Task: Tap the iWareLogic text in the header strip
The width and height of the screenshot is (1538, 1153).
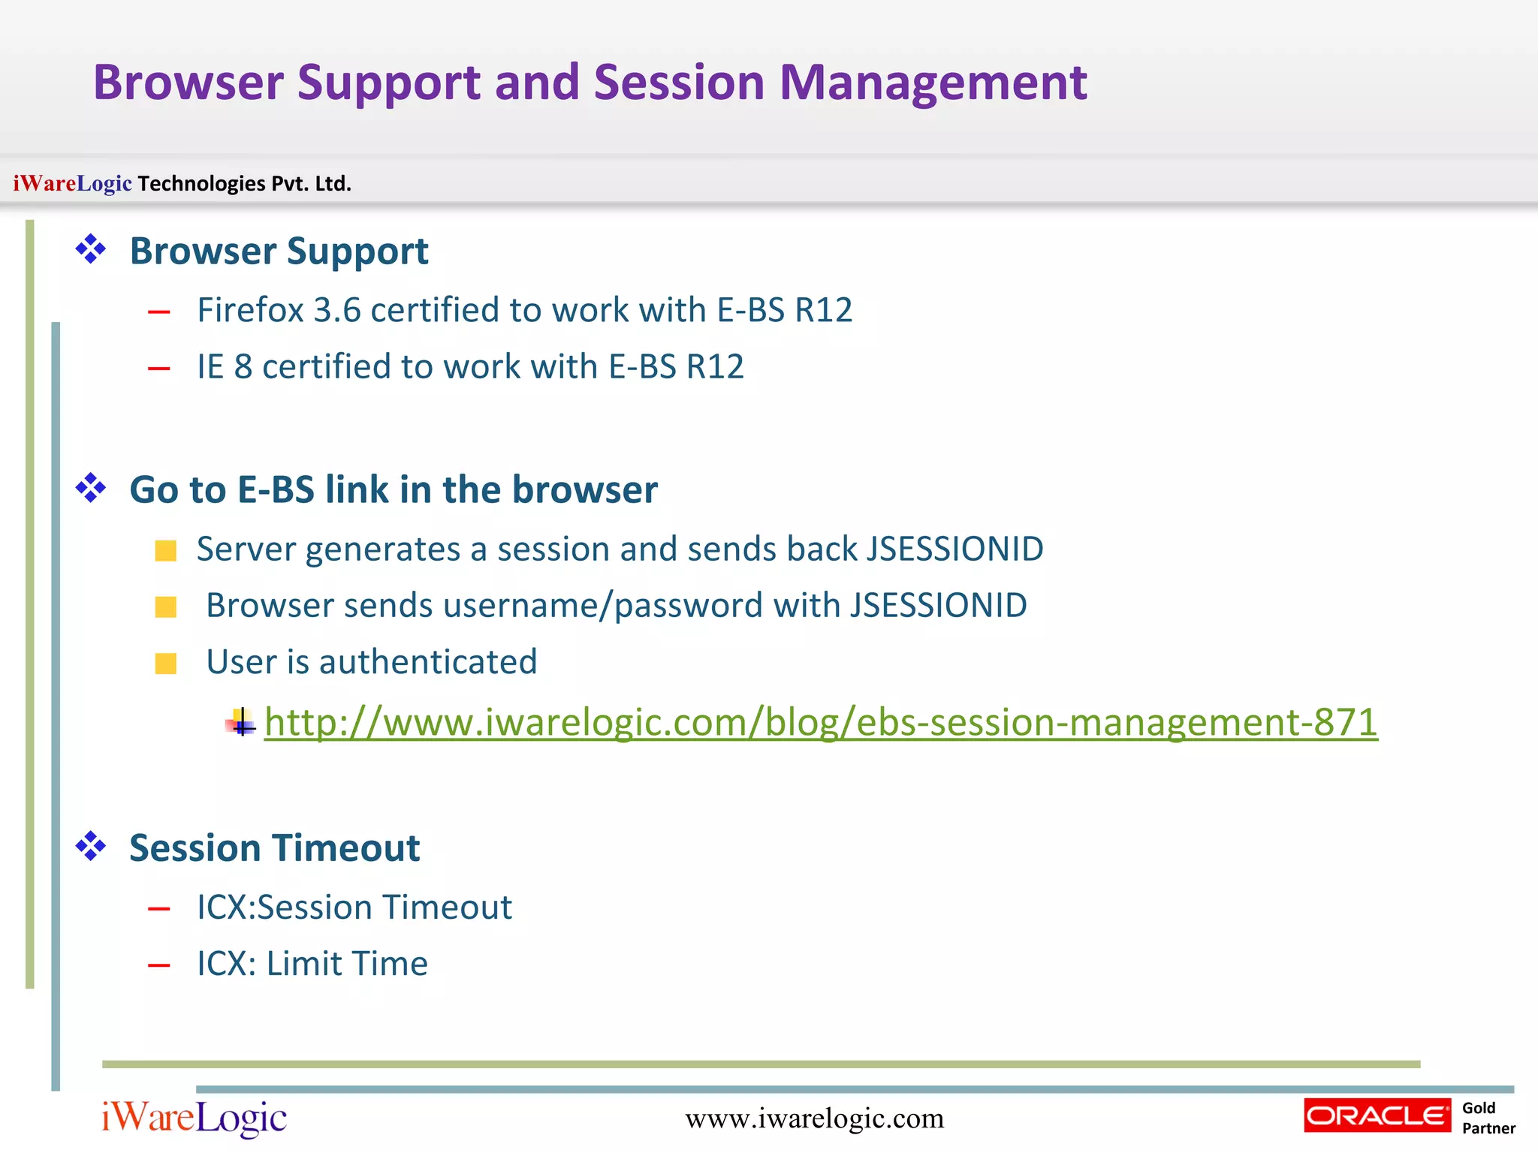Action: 72,183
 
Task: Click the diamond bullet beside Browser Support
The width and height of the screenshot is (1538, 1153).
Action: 91,249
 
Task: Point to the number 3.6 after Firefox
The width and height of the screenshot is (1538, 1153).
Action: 337,310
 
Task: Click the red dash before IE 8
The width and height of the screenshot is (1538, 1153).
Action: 159,369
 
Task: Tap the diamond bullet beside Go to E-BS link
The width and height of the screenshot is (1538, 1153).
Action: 91,488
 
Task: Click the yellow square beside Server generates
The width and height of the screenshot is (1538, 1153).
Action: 166,551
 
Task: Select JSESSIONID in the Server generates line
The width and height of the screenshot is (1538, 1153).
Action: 954,549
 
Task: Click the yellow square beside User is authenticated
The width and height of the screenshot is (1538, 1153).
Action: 166,664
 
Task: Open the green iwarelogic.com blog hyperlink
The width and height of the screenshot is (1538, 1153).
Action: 821,722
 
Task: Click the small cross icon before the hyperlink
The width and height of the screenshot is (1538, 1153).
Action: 241,724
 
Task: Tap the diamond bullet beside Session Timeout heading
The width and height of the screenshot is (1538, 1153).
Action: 91,847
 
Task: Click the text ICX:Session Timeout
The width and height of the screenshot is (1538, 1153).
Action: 354,908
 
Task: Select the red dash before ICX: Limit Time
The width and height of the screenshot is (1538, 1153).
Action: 159,966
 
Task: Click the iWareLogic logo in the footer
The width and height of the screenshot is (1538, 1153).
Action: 195,1118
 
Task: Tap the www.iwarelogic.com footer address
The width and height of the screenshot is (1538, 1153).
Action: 814,1118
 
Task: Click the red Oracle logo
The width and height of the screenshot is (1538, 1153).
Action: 1377,1115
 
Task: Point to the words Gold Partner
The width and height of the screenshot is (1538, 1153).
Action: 1488,1118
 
